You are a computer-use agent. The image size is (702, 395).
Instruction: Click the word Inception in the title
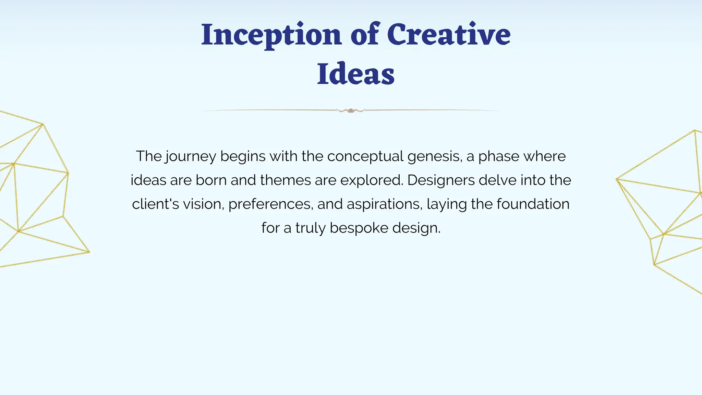click(271, 35)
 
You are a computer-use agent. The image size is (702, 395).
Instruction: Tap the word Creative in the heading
click(449, 35)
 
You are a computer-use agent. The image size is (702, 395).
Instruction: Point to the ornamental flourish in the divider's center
click(351, 110)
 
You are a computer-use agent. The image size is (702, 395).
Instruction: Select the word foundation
click(533, 204)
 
